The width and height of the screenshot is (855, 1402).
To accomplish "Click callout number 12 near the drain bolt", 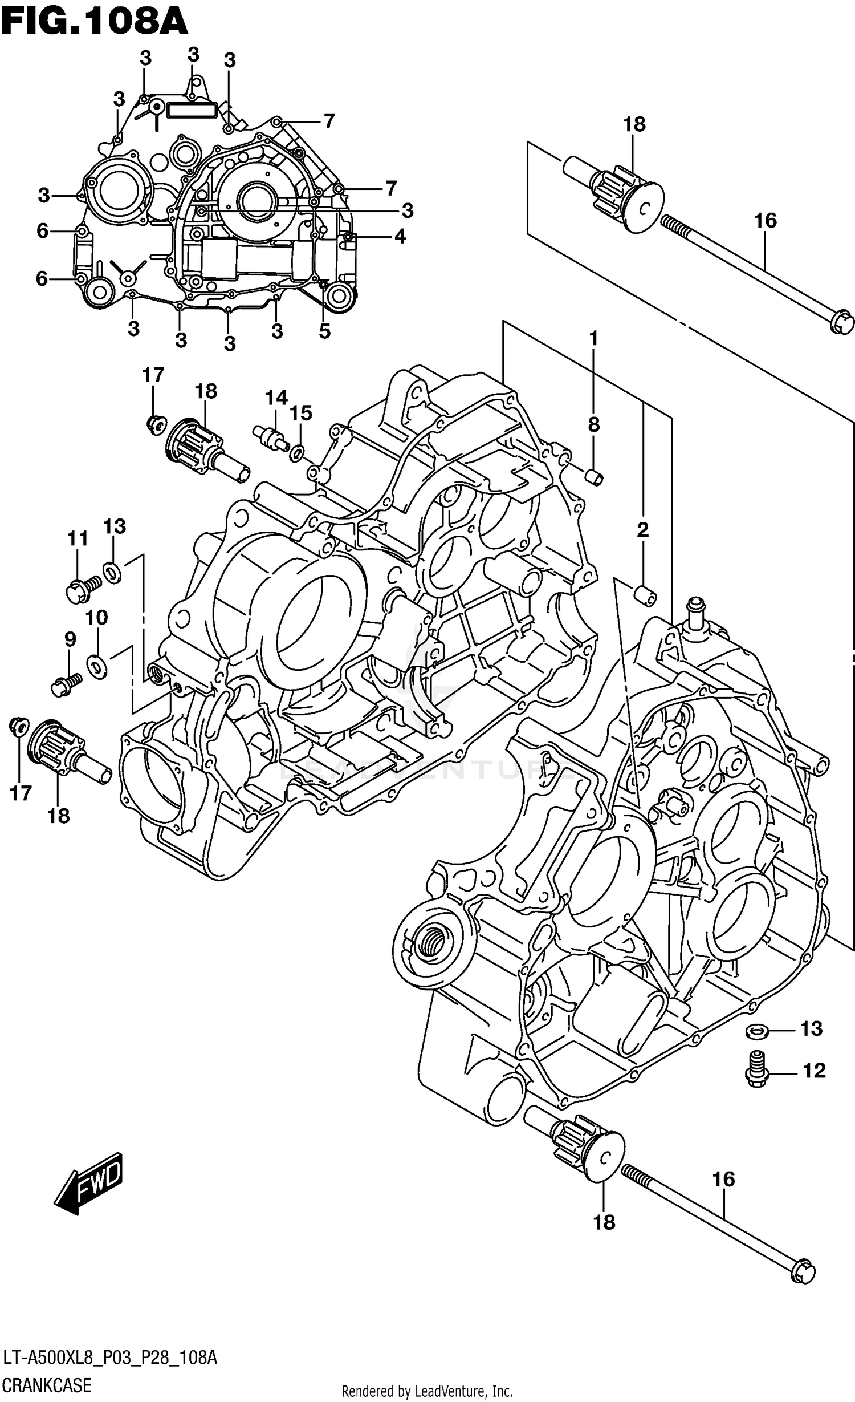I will click(x=813, y=1071).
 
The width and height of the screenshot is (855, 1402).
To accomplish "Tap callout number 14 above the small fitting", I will click(x=276, y=397).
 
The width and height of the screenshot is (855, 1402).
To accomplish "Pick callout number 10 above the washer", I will click(x=96, y=617).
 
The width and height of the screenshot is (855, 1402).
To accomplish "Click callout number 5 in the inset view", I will click(x=324, y=331).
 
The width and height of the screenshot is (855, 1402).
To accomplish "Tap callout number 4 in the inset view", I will click(x=400, y=236).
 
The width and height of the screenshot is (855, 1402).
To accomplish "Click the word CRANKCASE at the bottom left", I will click(x=47, y=1385).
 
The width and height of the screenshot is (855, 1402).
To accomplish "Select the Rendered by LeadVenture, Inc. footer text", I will click(x=427, y=1391).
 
